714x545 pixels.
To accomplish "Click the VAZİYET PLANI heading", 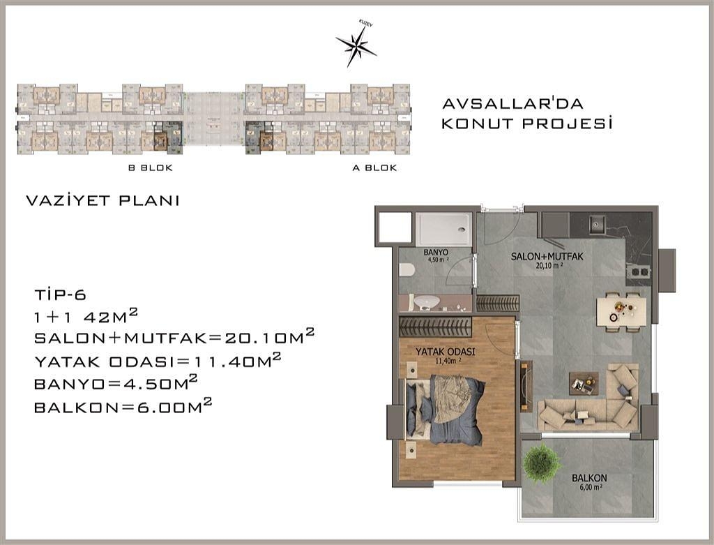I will (102, 201).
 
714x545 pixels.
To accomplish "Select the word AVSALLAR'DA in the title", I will (512, 104).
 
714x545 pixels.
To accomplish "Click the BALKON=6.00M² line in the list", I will (123, 407).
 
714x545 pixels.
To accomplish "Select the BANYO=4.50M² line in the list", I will (116, 384).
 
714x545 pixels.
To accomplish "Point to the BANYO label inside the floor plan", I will (435, 252).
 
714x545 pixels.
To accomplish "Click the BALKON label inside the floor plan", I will (588, 478).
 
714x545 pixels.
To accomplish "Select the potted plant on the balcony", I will (542, 462).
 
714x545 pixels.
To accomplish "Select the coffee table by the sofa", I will (583, 382).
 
